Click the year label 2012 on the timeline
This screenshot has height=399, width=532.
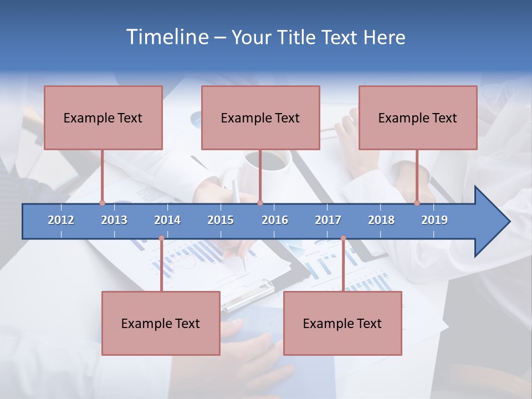point(61,220)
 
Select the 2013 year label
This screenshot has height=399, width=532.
point(114,220)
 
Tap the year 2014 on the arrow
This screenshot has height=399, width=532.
point(167,220)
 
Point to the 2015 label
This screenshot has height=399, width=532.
point(221,220)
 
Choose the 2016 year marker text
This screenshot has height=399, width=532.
point(275,220)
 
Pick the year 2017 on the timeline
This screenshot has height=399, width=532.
point(328,220)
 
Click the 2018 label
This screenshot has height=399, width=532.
point(381,220)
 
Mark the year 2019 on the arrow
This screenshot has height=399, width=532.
point(434,220)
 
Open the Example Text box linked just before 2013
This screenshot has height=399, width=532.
point(103,118)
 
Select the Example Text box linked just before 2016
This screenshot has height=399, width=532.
point(260,118)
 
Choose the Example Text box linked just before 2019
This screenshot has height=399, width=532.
point(418,118)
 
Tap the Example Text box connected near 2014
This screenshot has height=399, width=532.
point(161,323)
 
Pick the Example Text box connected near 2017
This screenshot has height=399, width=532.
point(342,323)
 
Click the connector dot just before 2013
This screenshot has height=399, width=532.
point(102,203)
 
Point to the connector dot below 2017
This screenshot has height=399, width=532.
point(343,238)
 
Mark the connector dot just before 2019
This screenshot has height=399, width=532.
point(417,203)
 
